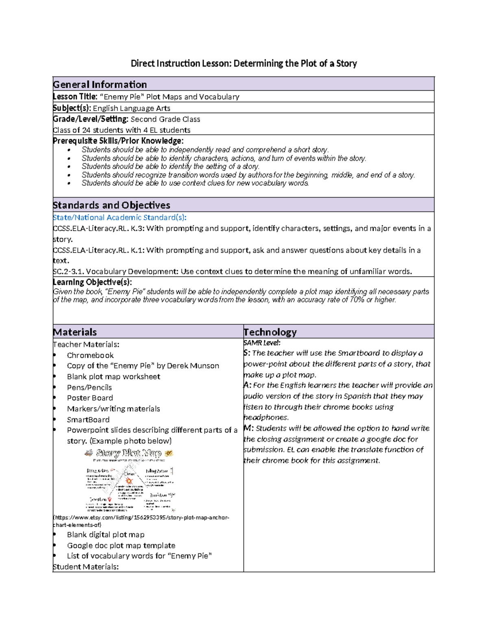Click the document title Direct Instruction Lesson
click(244, 63)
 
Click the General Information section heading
click(100, 85)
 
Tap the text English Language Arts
click(131, 108)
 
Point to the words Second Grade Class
click(165, 119)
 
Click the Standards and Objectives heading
click(111, 205)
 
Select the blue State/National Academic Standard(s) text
click(120, 218)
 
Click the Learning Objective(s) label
click(92, 282)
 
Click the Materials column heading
click(75, 332)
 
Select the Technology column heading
click(270, 332)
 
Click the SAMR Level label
click(262, 343)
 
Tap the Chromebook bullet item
click(90, 355)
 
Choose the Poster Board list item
click(90, 398)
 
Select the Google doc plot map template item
click(121, 545)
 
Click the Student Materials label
click(86, 567)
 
